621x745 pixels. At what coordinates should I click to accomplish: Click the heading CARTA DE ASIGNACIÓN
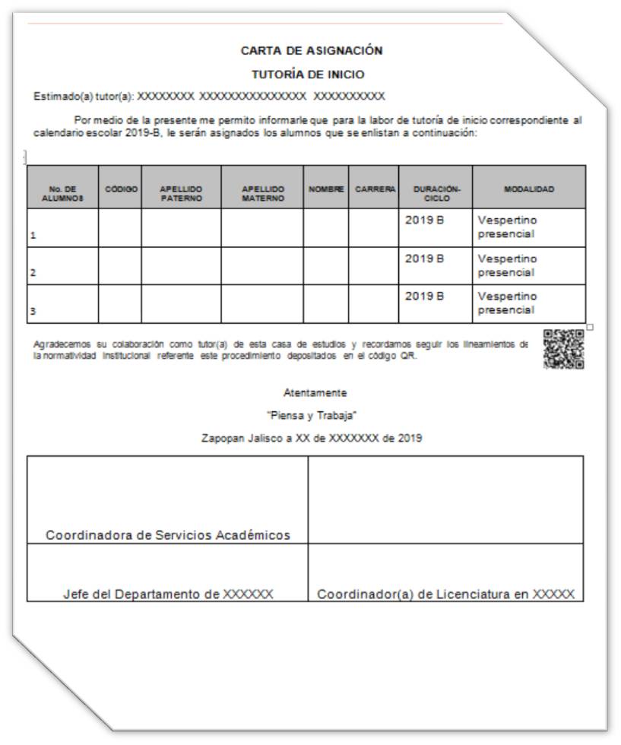coord(311,52)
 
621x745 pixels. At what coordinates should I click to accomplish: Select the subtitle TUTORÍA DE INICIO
coord(309,74)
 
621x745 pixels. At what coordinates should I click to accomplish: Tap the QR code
coord(564,349)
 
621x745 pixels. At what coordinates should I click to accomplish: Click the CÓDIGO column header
coord(119,188)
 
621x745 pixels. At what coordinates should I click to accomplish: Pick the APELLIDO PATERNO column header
coord(181,192)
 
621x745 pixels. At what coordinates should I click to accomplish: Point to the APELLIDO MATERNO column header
coord(262,192)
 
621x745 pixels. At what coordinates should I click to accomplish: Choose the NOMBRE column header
coord(326,188)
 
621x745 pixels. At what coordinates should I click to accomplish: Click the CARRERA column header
coord(374,188)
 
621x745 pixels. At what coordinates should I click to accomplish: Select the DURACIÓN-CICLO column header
coord(436,192)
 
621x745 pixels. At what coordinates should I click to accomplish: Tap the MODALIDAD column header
coord(529,188)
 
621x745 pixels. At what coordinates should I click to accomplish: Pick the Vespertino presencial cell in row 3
coord(507,303)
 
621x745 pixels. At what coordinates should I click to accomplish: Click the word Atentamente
coord(315,393)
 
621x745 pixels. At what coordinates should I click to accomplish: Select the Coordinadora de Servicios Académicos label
coord(168,535)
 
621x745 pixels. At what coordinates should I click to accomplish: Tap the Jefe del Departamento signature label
coord(168,594)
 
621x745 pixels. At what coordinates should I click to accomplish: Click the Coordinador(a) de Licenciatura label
coord(445,594)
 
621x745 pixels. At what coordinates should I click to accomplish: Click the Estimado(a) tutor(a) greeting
coord(84,97)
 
